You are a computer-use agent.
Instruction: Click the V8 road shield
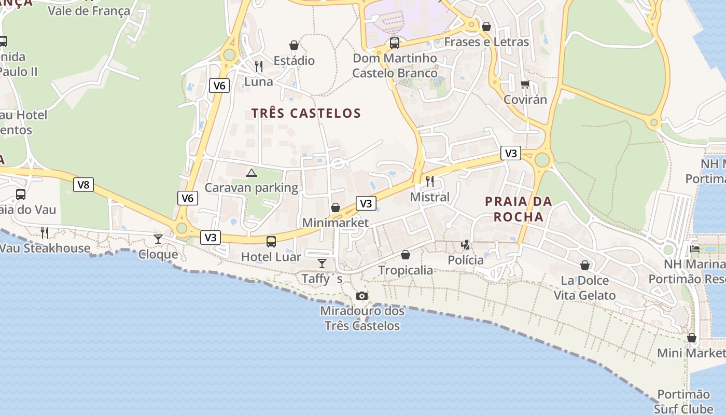click(83, 185)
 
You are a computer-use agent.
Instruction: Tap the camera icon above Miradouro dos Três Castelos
click(362, 296)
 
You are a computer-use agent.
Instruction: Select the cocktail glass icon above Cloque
click(158, 239)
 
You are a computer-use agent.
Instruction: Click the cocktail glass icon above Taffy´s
click(322, 264)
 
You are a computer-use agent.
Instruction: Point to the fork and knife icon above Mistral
click(429, 181)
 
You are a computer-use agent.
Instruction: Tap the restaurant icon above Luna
click(258, 66)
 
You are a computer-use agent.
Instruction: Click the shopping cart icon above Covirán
click(525, 84)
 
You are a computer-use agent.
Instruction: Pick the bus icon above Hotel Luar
click(271, 241)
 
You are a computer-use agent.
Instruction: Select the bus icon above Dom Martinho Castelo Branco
click(395, 43)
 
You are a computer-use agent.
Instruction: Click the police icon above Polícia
click(466, 244)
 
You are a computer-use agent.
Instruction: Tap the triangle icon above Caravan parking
click(252, 173)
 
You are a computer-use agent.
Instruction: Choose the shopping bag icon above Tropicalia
click(406, 255)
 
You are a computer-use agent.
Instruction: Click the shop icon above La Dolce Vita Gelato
click(585, 265)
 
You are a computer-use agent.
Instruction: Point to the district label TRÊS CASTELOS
click(306, 113)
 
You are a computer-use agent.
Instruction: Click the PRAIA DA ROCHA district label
click(519, 209)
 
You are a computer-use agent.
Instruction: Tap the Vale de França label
click(89, 10)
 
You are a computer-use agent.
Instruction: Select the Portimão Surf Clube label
click(683, 402)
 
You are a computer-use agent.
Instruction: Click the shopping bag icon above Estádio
click(294, 45)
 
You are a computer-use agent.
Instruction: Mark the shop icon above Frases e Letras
click(486, 26)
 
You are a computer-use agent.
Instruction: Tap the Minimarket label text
click(336, 223)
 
